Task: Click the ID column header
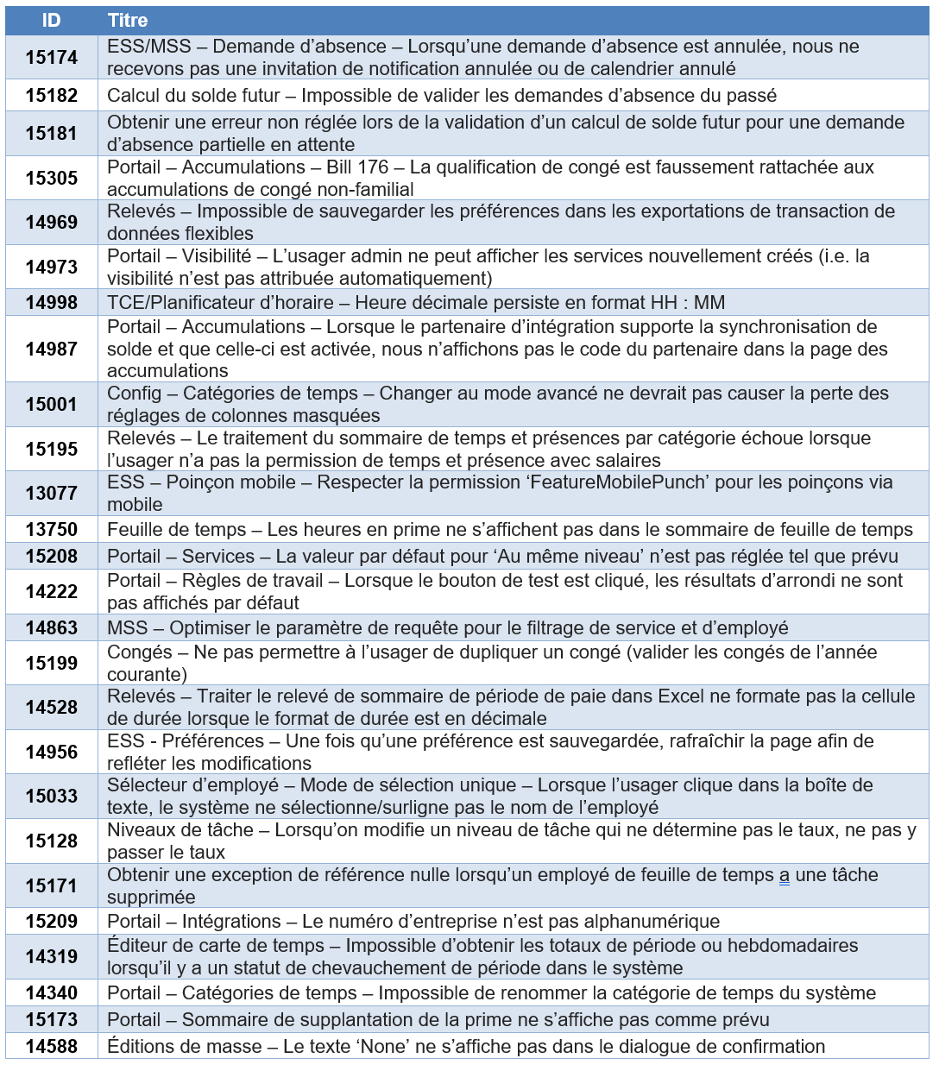point(51,21)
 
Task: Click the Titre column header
point(128,21)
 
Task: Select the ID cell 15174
point(51,58)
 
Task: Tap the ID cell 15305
point(51,178)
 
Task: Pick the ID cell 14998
point(51,303)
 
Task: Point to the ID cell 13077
point(51,493)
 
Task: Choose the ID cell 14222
point(51,591)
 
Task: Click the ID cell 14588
point(51,1046)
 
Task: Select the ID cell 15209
point(51,921)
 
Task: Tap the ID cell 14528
point(51,708)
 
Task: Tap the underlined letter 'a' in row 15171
point(784,875)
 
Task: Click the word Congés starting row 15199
point(140,652)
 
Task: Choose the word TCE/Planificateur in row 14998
point(180,303)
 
